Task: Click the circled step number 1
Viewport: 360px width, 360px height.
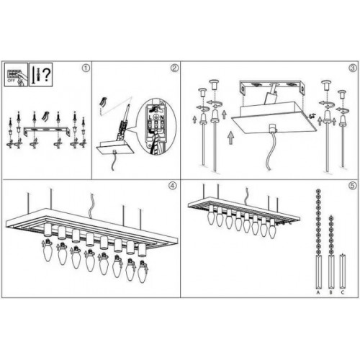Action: pyautogui.click(x=85, y=68)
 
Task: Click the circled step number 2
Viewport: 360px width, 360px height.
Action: pyautogui.click(x=174, y=69)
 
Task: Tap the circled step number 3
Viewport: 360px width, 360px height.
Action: pyautogui.click(x=352, y=68)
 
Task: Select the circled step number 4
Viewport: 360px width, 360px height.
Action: pyautogui.click(x=172, y=185)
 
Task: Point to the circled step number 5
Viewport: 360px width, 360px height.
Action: pyautogui.click(x=352, y=185)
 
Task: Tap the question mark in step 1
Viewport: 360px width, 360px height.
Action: pyautogui.click(x=46, y=75)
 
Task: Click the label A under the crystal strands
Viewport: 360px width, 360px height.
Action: pyautogui.click(x=318, y=293)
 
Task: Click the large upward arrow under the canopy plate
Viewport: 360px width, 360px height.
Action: pyautogui.click(x=229, y=133)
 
